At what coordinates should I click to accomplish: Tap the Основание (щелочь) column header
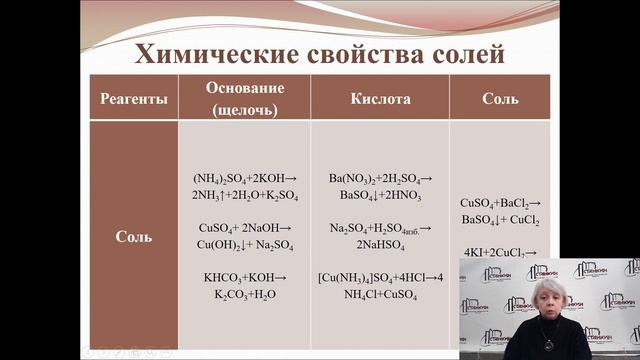[x=245, y=98]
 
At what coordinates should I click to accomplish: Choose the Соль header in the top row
[x=499, y=98]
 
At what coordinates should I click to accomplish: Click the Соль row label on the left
[x=133, y=237]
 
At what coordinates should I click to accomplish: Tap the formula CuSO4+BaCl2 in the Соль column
[x=500, y=202]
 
